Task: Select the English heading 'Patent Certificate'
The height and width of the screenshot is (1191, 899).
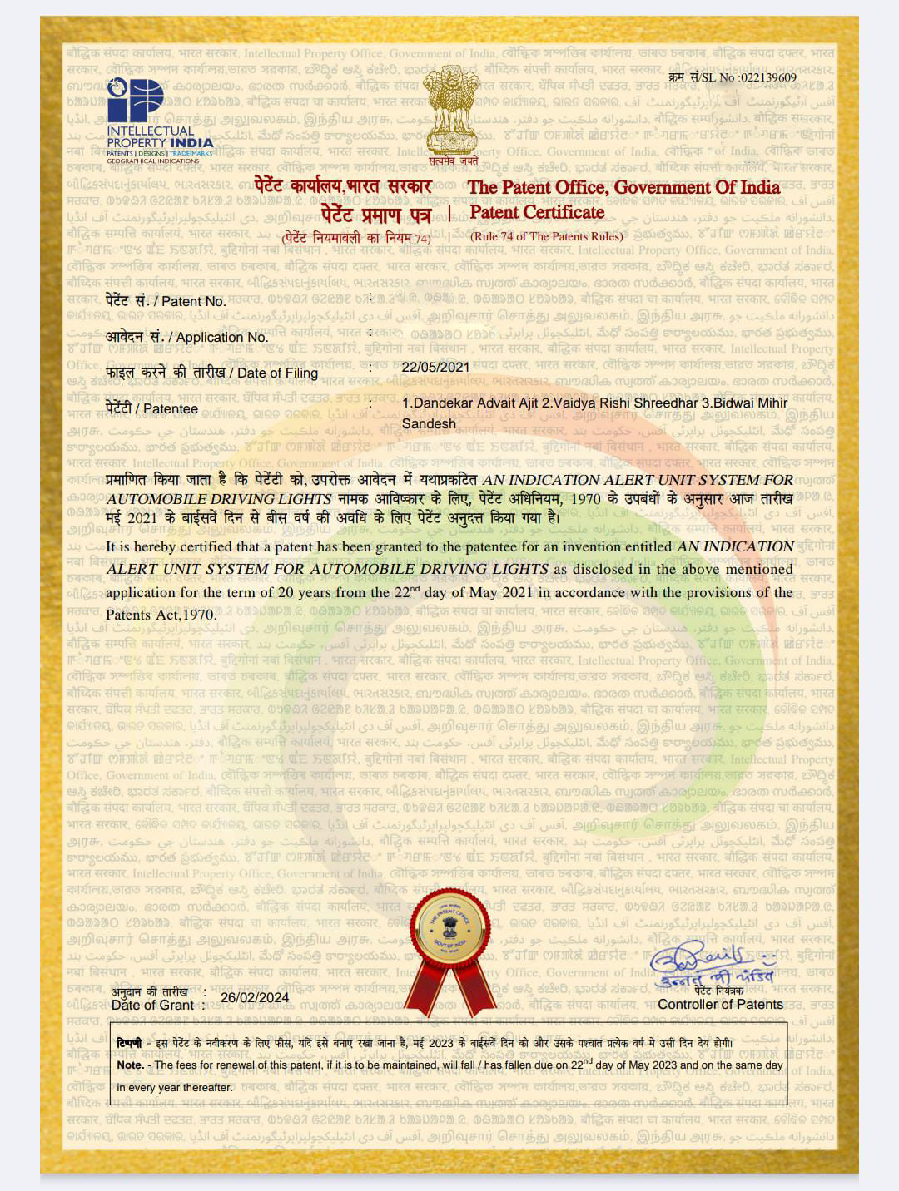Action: pyautogui.click(x=537, y=212)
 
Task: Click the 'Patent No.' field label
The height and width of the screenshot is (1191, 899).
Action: pyautogui.click(x=166, y=301)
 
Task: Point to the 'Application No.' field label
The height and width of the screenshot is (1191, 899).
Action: pyautogui.click(x=187, y=337)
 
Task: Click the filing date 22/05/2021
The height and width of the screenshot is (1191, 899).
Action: pyautogui.click(x=435, y=367)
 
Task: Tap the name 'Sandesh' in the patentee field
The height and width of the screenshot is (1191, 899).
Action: pyautogui.click(x=429, y=423)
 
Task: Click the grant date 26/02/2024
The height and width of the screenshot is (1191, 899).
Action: pyautogui.click(x=255, y=997)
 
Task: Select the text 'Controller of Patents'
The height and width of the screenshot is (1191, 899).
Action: pyautogui.click(x=720, y=1004)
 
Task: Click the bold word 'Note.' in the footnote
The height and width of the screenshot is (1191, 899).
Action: pyautogui.click(x=131, y=1065)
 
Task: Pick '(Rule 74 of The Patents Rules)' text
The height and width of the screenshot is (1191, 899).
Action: pyautogui.click(x=546, y=236)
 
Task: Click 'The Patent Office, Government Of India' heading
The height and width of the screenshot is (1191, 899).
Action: pyautogui.click(x=623, y=187)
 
